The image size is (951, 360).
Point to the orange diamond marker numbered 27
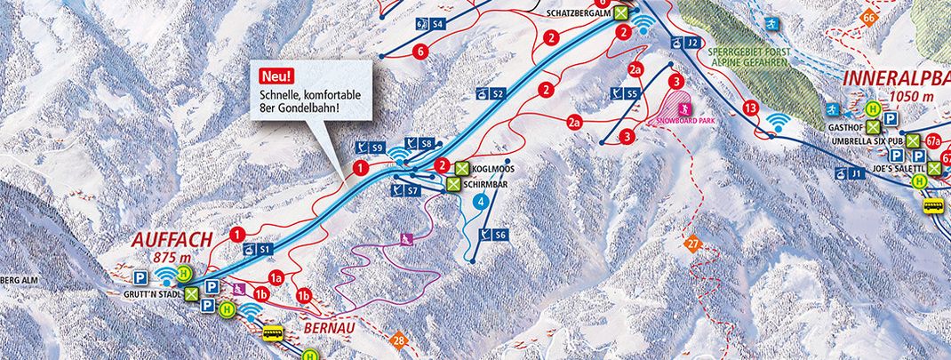[x=692, y=242]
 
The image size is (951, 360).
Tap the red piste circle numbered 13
[x=750, y=108]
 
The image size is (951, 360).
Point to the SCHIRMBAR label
[x=493, y=184]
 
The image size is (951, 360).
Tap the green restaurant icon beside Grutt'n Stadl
[x=191, y=300]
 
